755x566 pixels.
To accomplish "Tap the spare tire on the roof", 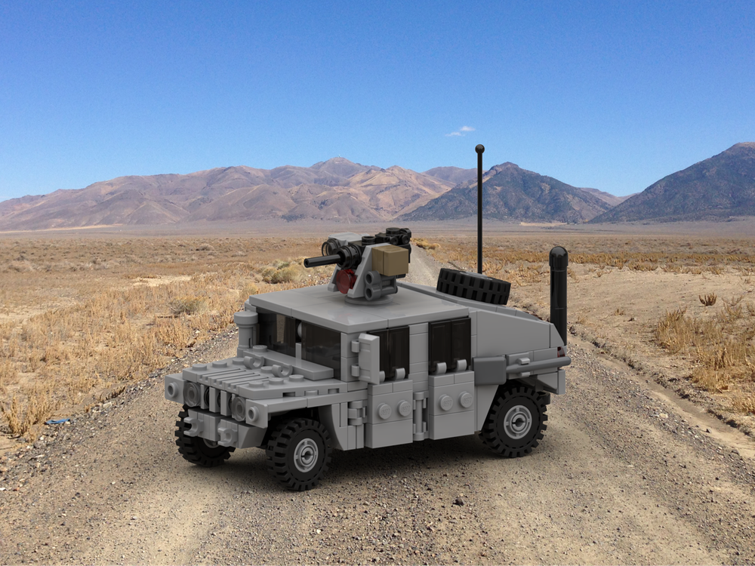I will pos(473,286).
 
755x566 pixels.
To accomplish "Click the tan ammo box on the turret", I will pos(390,260).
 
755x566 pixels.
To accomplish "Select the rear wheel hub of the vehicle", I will pos(517,421).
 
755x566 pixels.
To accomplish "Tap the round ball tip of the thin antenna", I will pos(479,149).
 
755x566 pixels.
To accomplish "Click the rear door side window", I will pos(450,343).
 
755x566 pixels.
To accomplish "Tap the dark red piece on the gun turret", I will pos(347,280).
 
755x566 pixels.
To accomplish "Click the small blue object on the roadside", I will pos(57,421).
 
